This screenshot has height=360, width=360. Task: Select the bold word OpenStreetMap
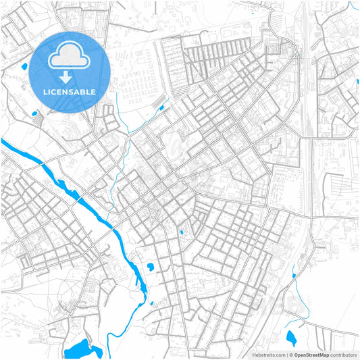[311, 355]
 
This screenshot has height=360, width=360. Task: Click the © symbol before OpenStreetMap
[290, 355]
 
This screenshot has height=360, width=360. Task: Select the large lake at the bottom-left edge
[83, 349]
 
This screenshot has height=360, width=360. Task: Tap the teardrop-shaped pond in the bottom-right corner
[291, 338]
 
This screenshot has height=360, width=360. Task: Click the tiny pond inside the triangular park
[181, 233]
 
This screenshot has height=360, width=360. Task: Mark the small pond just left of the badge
[25, 67]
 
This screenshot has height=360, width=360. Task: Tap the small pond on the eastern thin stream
[294, 276]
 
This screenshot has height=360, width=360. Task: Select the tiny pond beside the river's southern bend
[151, 303]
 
